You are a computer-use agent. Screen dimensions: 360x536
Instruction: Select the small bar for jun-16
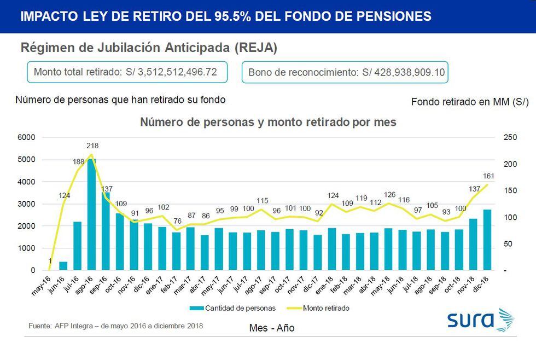pyautogui.click(x=63, y=266)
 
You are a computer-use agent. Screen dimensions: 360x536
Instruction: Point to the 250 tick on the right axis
pyautogui.click(x=509, y=137)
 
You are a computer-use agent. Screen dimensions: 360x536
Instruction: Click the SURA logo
pyautogui.click(x=480, y=320)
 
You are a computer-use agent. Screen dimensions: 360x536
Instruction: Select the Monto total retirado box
pyautogui.click(x=127, y=72)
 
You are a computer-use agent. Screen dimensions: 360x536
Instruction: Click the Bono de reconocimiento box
pyautogui.click(x=345, y=72)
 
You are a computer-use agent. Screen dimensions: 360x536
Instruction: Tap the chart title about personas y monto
pyautogui.click(x=268, y=122)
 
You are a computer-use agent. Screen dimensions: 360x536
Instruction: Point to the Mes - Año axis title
pyautogui.click(x=271, y=328)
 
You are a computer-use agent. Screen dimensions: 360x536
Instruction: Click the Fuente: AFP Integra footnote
pyautogui.click(x=115, y=326)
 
